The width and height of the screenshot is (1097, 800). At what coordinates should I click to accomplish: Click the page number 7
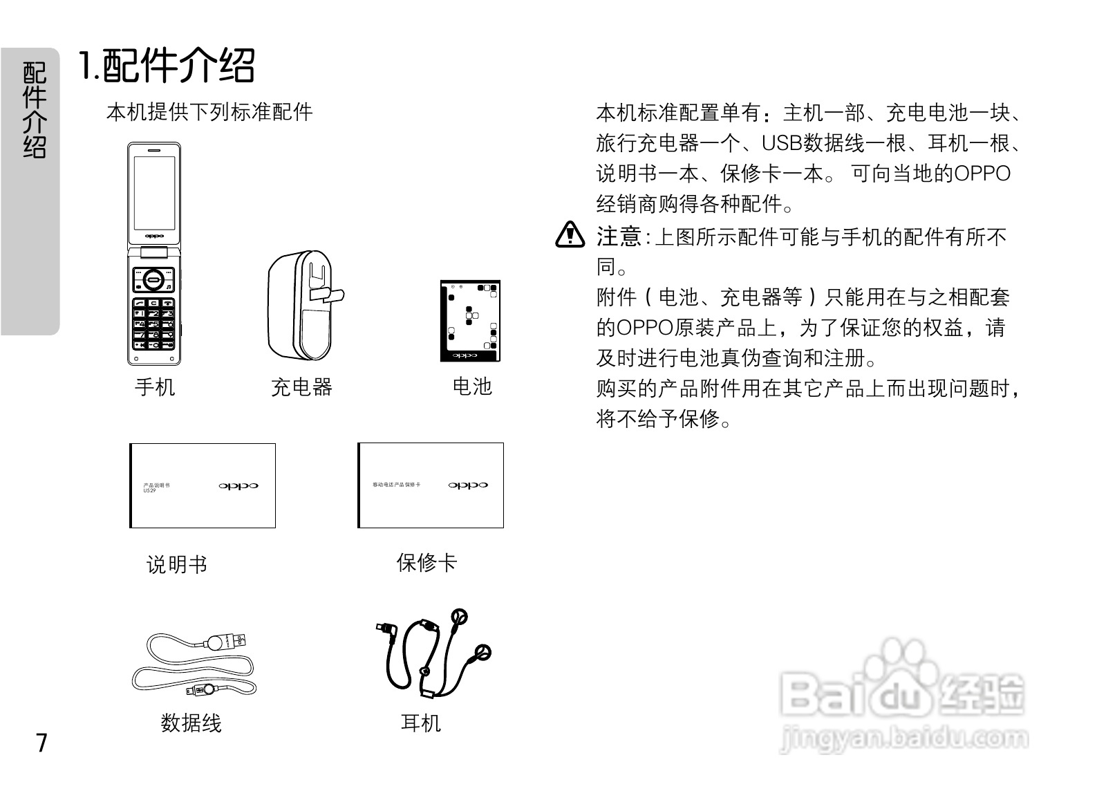(x=42, y=743)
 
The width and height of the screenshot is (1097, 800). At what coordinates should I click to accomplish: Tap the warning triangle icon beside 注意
(x=570, y=235)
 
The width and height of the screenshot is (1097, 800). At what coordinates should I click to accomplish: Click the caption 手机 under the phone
(x=155, y=387)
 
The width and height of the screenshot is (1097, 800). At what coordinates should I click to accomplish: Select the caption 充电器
(x=301, y=387)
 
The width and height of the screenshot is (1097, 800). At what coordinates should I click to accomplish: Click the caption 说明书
(x=177, y=565)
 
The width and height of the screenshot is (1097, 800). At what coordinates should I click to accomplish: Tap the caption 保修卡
(x=426, y=563)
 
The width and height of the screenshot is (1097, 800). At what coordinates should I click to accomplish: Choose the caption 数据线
(x=191, y=723)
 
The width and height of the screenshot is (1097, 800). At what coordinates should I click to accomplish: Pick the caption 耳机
(x=420, y=723)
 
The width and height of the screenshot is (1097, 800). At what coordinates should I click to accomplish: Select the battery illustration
(x=470, y=321)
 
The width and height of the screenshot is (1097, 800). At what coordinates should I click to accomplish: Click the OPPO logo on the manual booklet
(x=238, y=486)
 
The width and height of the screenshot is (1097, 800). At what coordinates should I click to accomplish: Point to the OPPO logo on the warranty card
(x=468, y=485)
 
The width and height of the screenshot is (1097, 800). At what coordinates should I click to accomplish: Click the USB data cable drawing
(x=194, y=664)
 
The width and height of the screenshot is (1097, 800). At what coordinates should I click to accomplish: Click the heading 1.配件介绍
(x=167, y=66)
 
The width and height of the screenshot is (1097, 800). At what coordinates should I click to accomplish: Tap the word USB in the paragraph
(x=780, y=143)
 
